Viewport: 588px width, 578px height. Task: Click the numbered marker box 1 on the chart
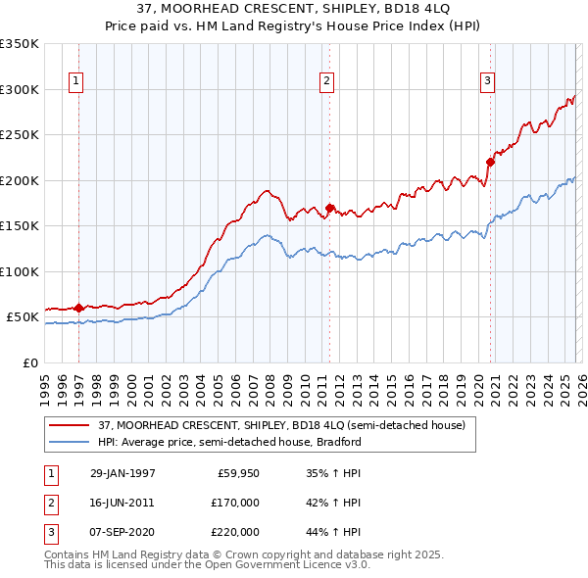click(x=77, y=81)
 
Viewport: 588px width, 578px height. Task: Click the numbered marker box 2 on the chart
click(x=326, y=81)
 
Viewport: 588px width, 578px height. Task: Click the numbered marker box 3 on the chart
click(x=488, y=81)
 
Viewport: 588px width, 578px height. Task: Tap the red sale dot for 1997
click(x=78, y=308)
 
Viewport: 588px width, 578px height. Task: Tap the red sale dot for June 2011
click(x=330, y=208)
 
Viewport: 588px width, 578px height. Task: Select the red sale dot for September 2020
click(x=490, y=163)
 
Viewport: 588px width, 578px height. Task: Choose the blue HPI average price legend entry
click(x=229, y=442)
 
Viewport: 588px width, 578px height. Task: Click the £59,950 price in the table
click(x=238, y=473)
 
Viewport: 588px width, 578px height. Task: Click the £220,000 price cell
click(x=235, y=532)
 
